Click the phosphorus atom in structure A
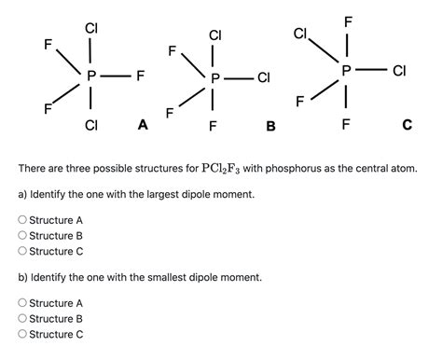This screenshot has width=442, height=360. pyautogui.click(x=91, y=76)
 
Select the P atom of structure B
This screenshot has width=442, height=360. pyautogui.click(x=215, y=79)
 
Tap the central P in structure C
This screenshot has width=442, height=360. pyautogui.click(x=347, y=71)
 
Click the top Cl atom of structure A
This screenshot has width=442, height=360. pyautogui.click(x=91, y=28)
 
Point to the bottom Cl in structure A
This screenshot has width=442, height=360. pyautogui.click(x=91, y=124)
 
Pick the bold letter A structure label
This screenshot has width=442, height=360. pyautogui.click(x=142, y=122)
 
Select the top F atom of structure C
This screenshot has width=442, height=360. pyautogui.click(x=348, y=21)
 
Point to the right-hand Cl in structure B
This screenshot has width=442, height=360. pyautogui.click(x=264, y=79)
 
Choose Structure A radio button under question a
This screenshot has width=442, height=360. pyautogui.click(x=22, y=220)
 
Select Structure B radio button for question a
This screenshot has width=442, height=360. pyautogui.click(x=22, y=236)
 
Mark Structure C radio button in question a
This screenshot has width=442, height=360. pyautogui.click(x=22, y=252)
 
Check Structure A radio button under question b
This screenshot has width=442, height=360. pyautogui.click(x=22, y=303)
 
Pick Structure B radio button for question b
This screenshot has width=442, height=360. pyautogui.click(x=22, y=319)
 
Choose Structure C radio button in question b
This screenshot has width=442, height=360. pyautogui.click(x=22, y=335)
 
